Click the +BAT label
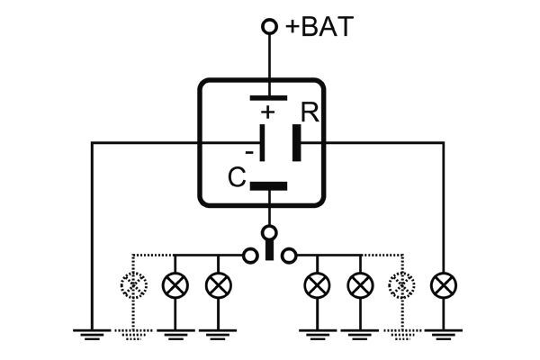coord(319,27)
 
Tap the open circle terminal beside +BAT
coord(268,27)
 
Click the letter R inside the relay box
coord(308,113)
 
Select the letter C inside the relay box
coord(237,177)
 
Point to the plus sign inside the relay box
coord(266,112)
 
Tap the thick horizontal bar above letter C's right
coord(268,187)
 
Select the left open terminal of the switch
coord(250,256)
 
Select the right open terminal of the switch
coord(288,256)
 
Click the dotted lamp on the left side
coord(133,286)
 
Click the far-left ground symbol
coord(93,335)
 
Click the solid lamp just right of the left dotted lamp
coord(174,286)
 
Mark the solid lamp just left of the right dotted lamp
coord(360,286)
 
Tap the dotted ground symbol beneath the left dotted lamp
coord(133,335)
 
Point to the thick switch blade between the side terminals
coord(268,251)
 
